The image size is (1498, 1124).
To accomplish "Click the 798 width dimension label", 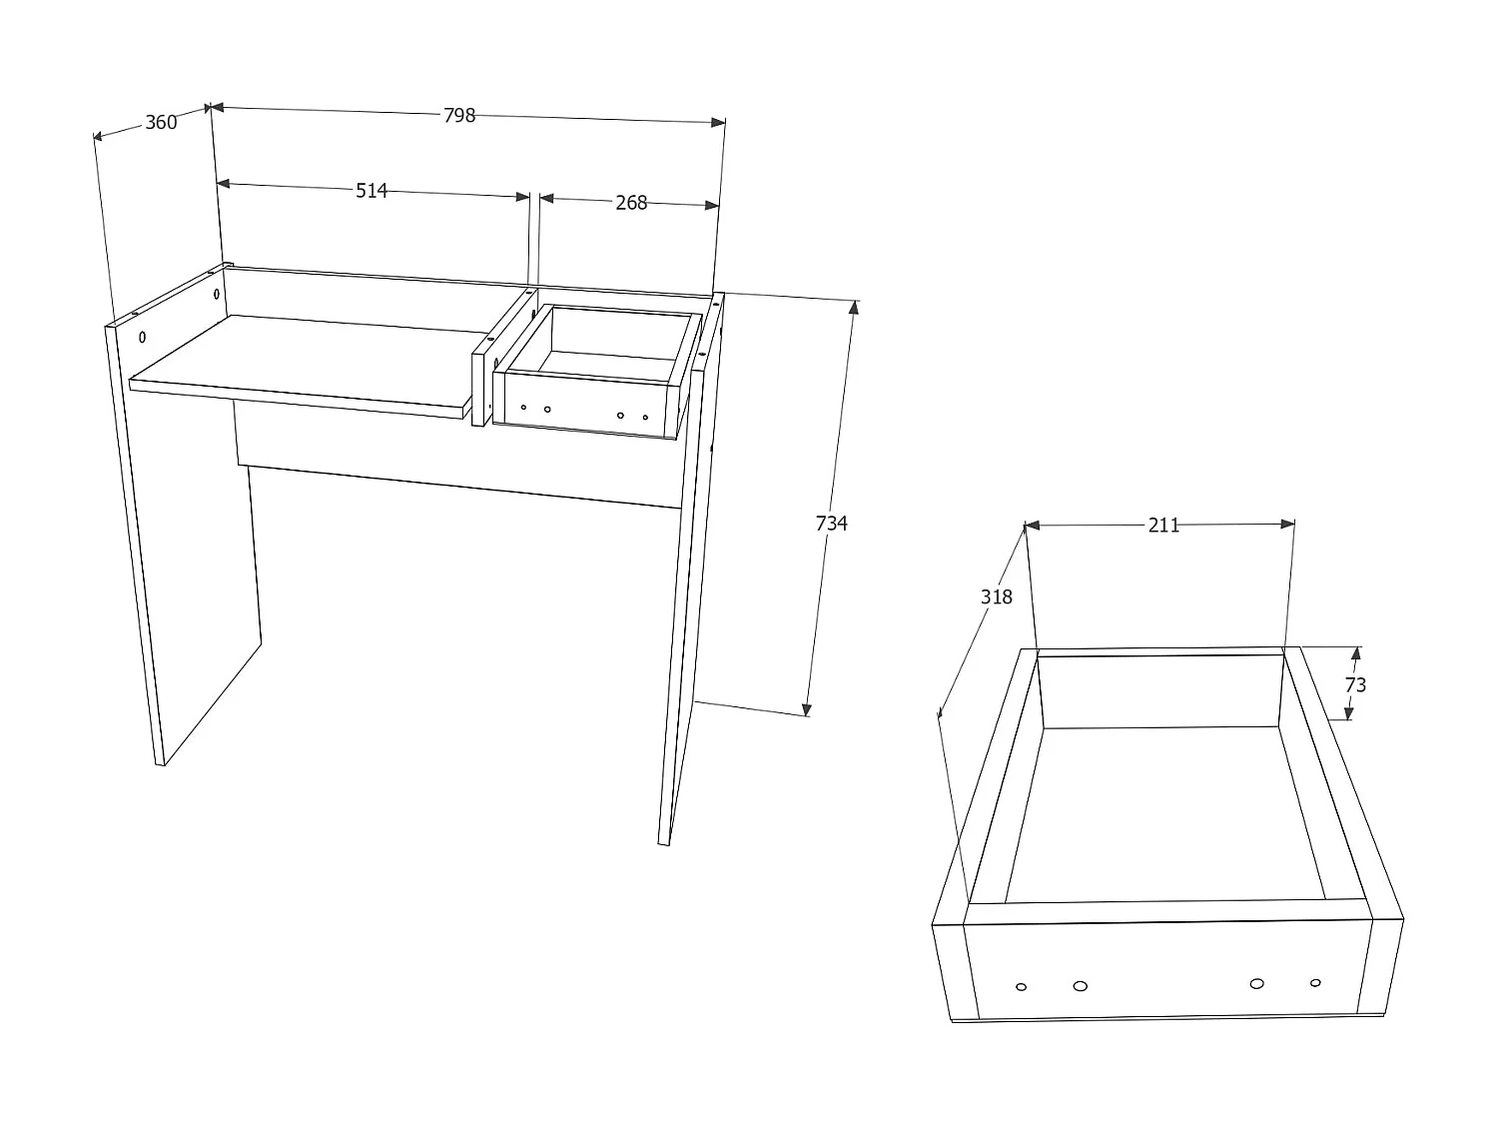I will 459,115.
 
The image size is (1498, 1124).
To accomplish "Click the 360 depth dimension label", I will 161,122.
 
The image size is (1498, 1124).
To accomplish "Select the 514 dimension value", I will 372,190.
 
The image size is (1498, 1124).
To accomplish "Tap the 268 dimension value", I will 631,203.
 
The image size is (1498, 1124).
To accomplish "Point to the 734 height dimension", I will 831,523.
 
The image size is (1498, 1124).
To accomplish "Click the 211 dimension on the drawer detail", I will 1163,525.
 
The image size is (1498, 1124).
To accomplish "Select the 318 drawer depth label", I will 996,596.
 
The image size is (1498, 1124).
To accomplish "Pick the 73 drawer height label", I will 1355,685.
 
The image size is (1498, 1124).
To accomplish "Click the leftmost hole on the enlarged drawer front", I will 1021,987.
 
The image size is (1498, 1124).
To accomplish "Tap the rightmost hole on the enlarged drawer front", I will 1315,983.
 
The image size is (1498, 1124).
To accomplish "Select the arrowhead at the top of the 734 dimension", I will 853,307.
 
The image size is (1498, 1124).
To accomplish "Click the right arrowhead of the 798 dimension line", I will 718,122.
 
